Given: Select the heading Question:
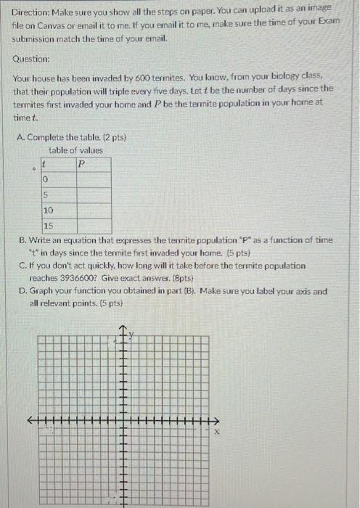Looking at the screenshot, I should (32, 59).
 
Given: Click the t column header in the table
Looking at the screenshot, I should (46, 164).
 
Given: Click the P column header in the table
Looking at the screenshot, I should (81, 164).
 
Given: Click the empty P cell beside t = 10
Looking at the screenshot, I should (92, 210).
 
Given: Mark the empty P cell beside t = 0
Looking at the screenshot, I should (92, 179).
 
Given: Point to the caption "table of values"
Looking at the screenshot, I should (76, 150).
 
